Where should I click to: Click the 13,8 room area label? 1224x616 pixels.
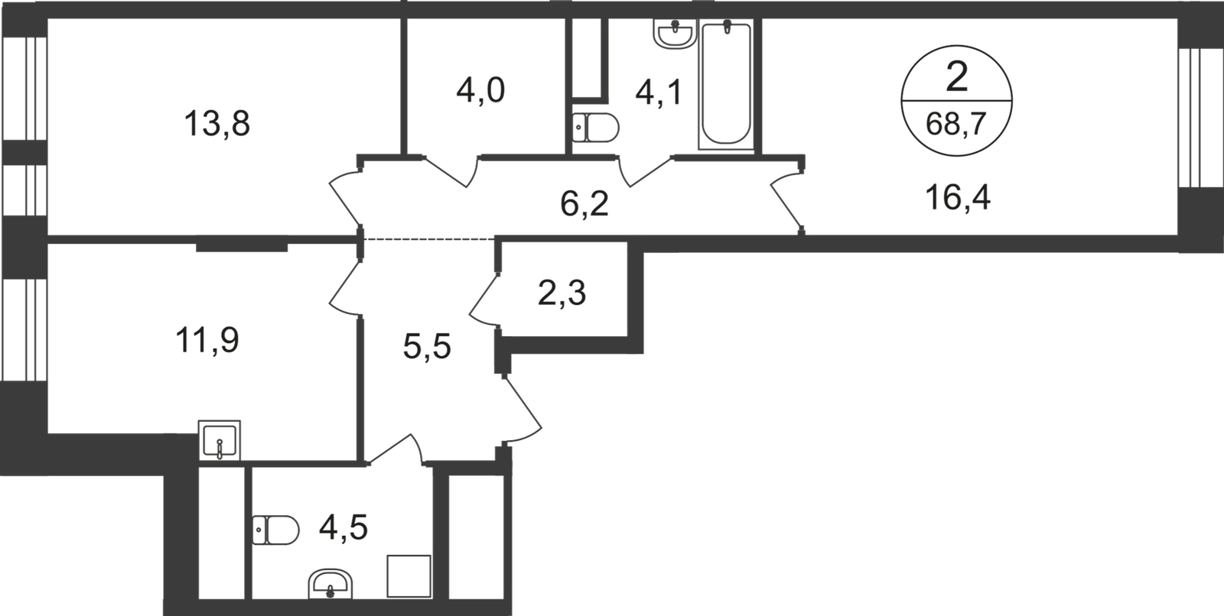pos(217,124)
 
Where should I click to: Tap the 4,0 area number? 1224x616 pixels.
pos(481,91)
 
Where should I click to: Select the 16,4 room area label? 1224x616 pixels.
pos(958,198)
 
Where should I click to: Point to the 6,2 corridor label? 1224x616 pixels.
pos(584,205)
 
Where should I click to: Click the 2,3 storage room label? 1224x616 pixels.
pos(562,293)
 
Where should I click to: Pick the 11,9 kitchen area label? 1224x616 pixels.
pos(207,340)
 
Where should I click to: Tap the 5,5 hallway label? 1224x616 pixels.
pos(427,347)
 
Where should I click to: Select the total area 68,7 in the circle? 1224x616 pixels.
pos(955,125)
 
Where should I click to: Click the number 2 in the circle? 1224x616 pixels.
pos(957,77)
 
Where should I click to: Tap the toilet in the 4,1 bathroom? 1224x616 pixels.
pos(596,128)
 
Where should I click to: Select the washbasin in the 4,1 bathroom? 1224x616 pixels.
pos(675,34)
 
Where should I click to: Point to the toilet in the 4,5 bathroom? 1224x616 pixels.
pos(276,530)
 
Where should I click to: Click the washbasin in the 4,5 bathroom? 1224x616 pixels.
pos(330,584)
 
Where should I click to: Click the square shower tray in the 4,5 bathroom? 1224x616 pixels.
pos(409,576)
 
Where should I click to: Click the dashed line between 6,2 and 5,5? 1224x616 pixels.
pos(429,239)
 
